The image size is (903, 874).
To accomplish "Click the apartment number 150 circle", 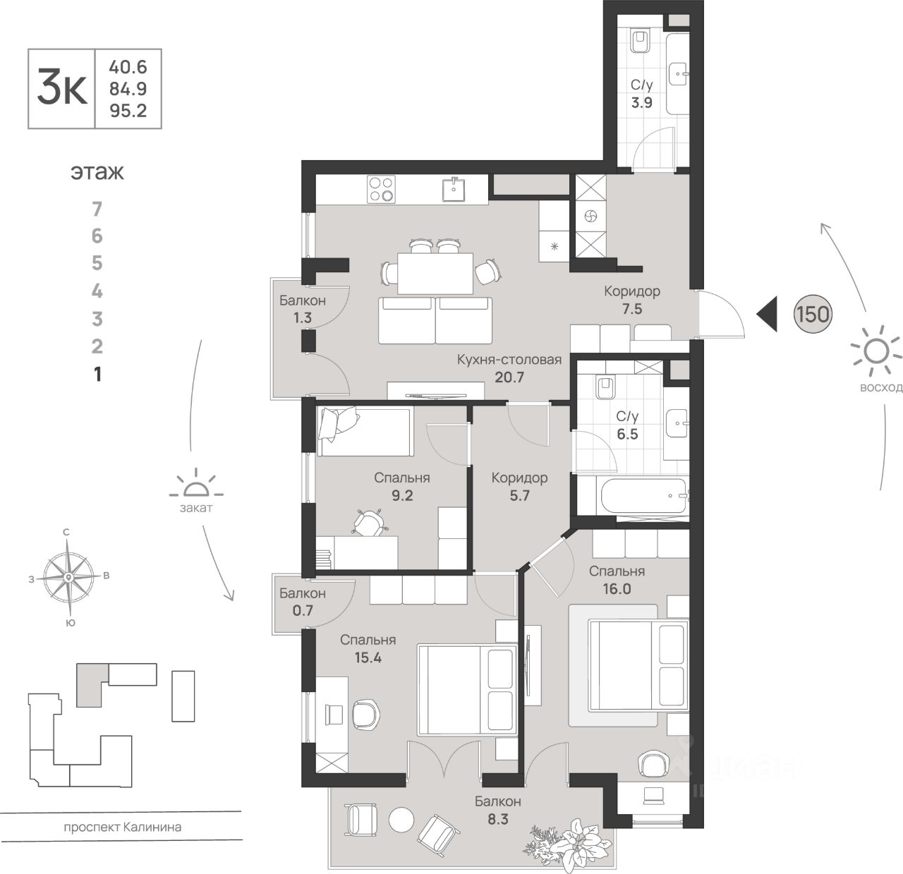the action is click(x=813, y=314).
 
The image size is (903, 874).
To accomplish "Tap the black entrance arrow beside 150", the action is click(x=768, y=314).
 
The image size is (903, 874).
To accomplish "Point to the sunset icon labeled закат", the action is click(x=195, y=487).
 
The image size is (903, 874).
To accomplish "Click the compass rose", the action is click(x=68, y=577).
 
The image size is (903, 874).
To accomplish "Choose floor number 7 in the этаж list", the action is click(x=97, y=209).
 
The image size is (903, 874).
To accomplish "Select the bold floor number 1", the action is click(x=97, y=374).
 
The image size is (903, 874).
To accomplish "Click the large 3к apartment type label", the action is click(x=62, y=90).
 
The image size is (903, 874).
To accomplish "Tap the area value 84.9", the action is click(x=128, y=89).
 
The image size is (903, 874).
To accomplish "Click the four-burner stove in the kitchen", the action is click(x=381, y=189).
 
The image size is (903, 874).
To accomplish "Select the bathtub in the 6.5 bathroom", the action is click(x=641, y=497).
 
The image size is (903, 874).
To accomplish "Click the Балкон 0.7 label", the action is click(x=303, y=602).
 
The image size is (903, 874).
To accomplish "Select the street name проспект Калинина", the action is click(x=122, y=827).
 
